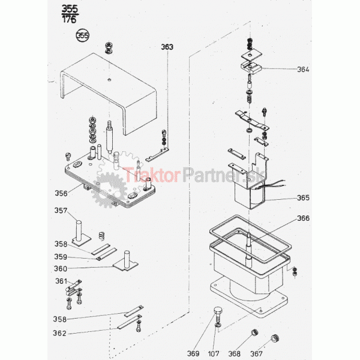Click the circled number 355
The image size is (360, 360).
pyautogui.click(x=82, y=35)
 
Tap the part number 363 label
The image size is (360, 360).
pyautogui.click(x=166, y=46)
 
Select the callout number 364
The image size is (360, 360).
pyautogui.click(x=303, y=69)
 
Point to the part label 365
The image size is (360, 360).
pyautogui.click(x=303, y=197)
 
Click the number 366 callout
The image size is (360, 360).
pyautogui.click(x=303, y=218)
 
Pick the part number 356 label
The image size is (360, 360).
pyautogui.click(x=61, y=193)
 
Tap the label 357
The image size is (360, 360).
pyautogui.click(x=61, y=211)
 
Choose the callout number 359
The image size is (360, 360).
pyautogui.click(x=61, y=256)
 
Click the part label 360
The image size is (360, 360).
pyautogui.click(x=61, y=268)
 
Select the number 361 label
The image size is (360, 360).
pyautogui.click(x=61, y=281)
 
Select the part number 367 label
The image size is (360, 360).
pyautogui.click(x=256, y=353)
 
